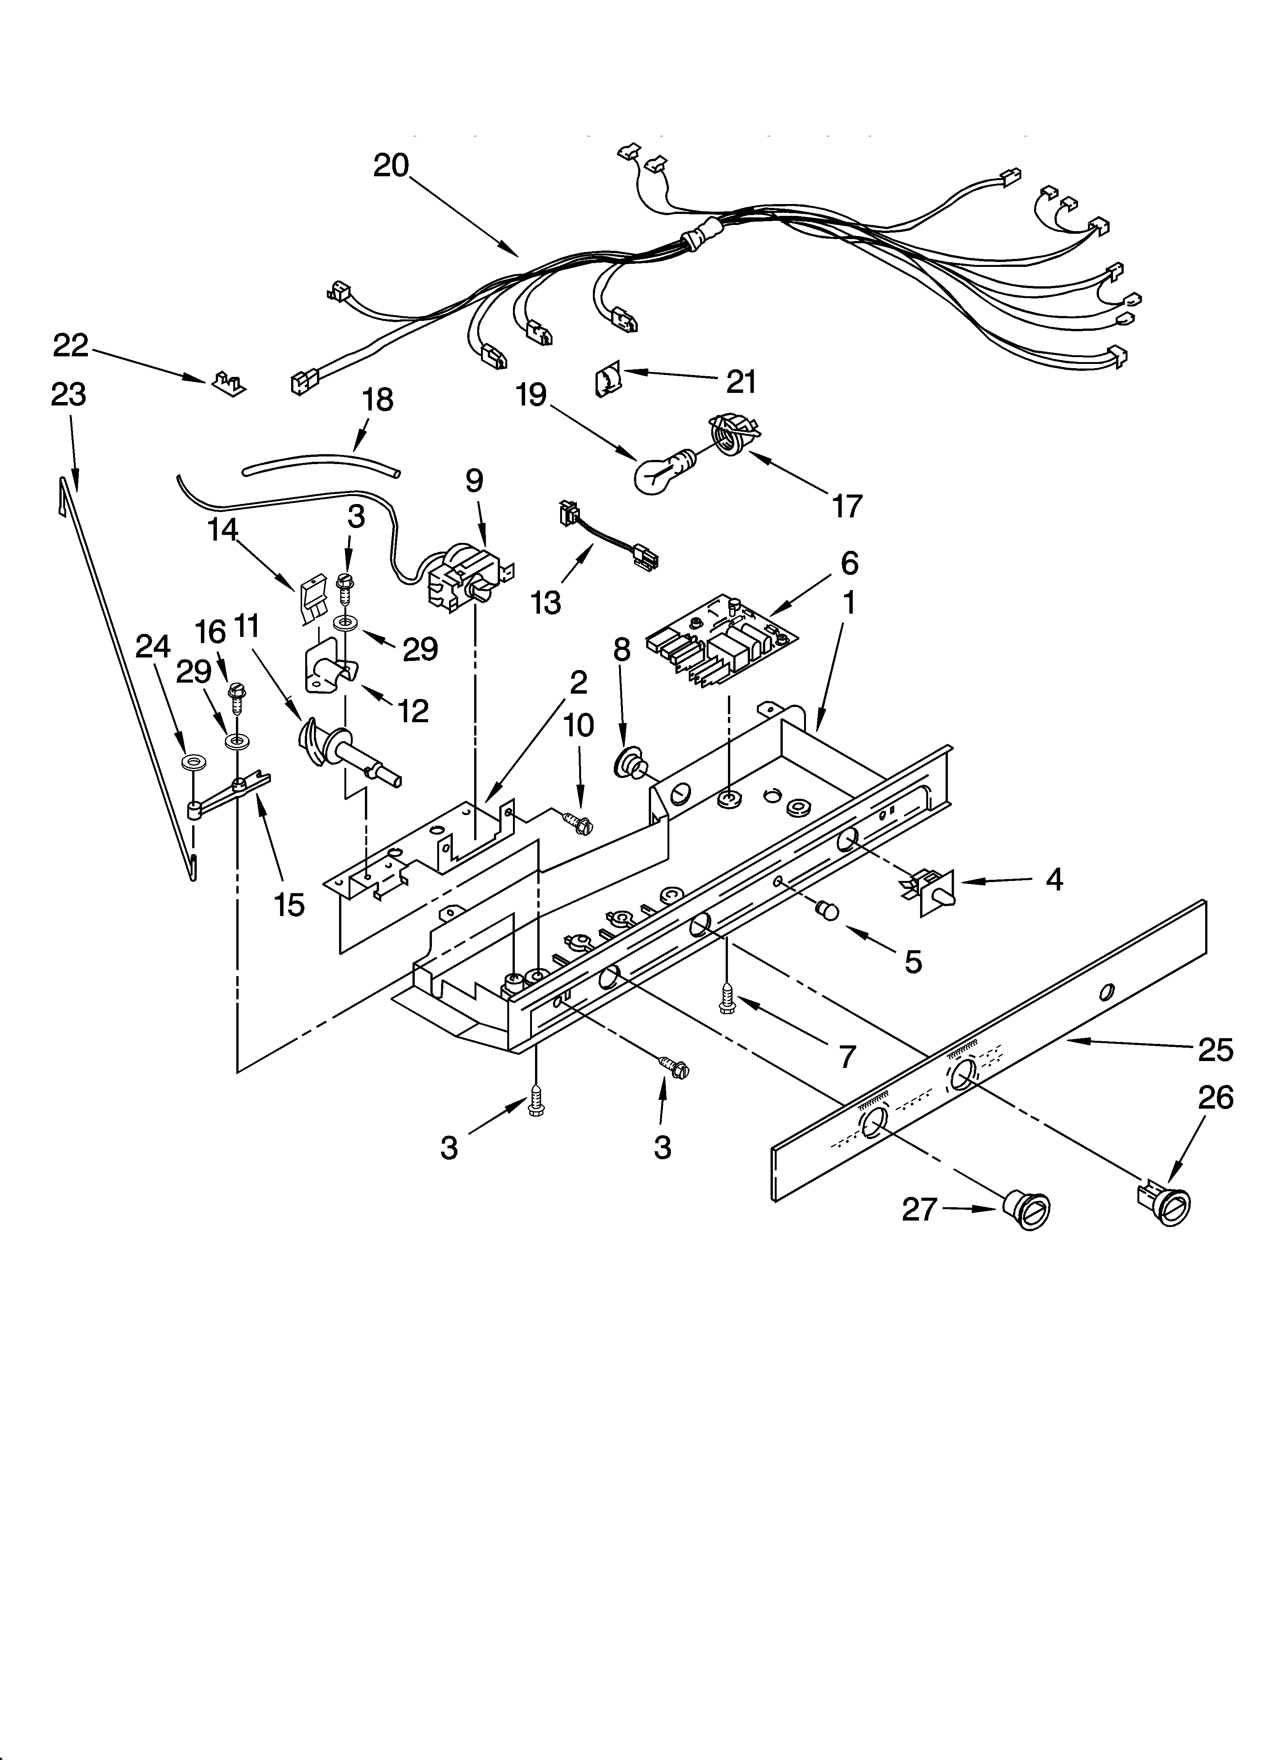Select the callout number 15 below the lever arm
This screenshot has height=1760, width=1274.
tap(288, 903)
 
